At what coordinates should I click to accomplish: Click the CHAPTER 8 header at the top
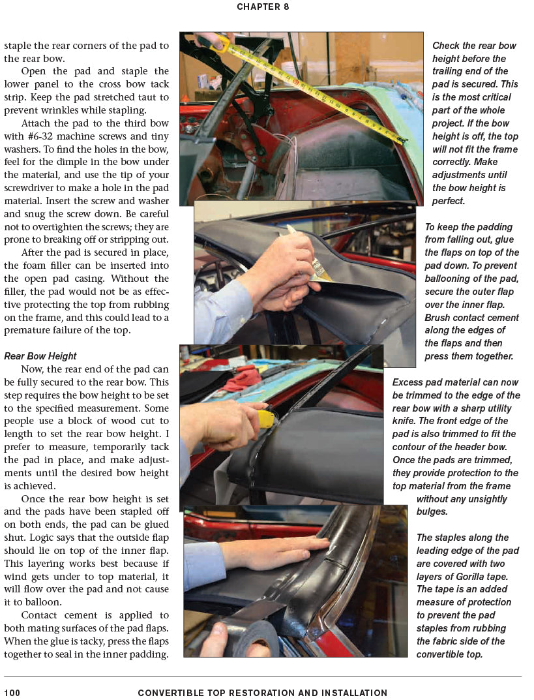pos(263,7)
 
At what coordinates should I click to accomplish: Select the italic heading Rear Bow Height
pos(40,356)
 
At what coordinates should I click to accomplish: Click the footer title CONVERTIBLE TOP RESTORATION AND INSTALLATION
pos(263,693)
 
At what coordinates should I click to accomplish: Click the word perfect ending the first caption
pos(449,201)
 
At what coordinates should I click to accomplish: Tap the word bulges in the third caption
pos(432,511)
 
